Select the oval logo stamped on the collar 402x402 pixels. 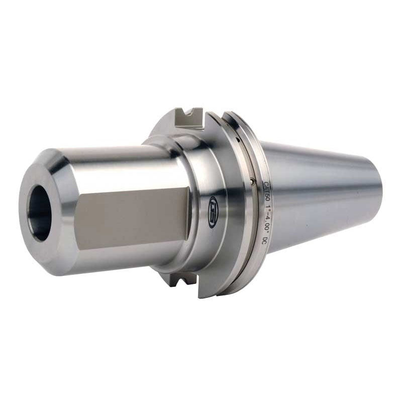213,203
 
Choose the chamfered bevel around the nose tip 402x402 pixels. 60,166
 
